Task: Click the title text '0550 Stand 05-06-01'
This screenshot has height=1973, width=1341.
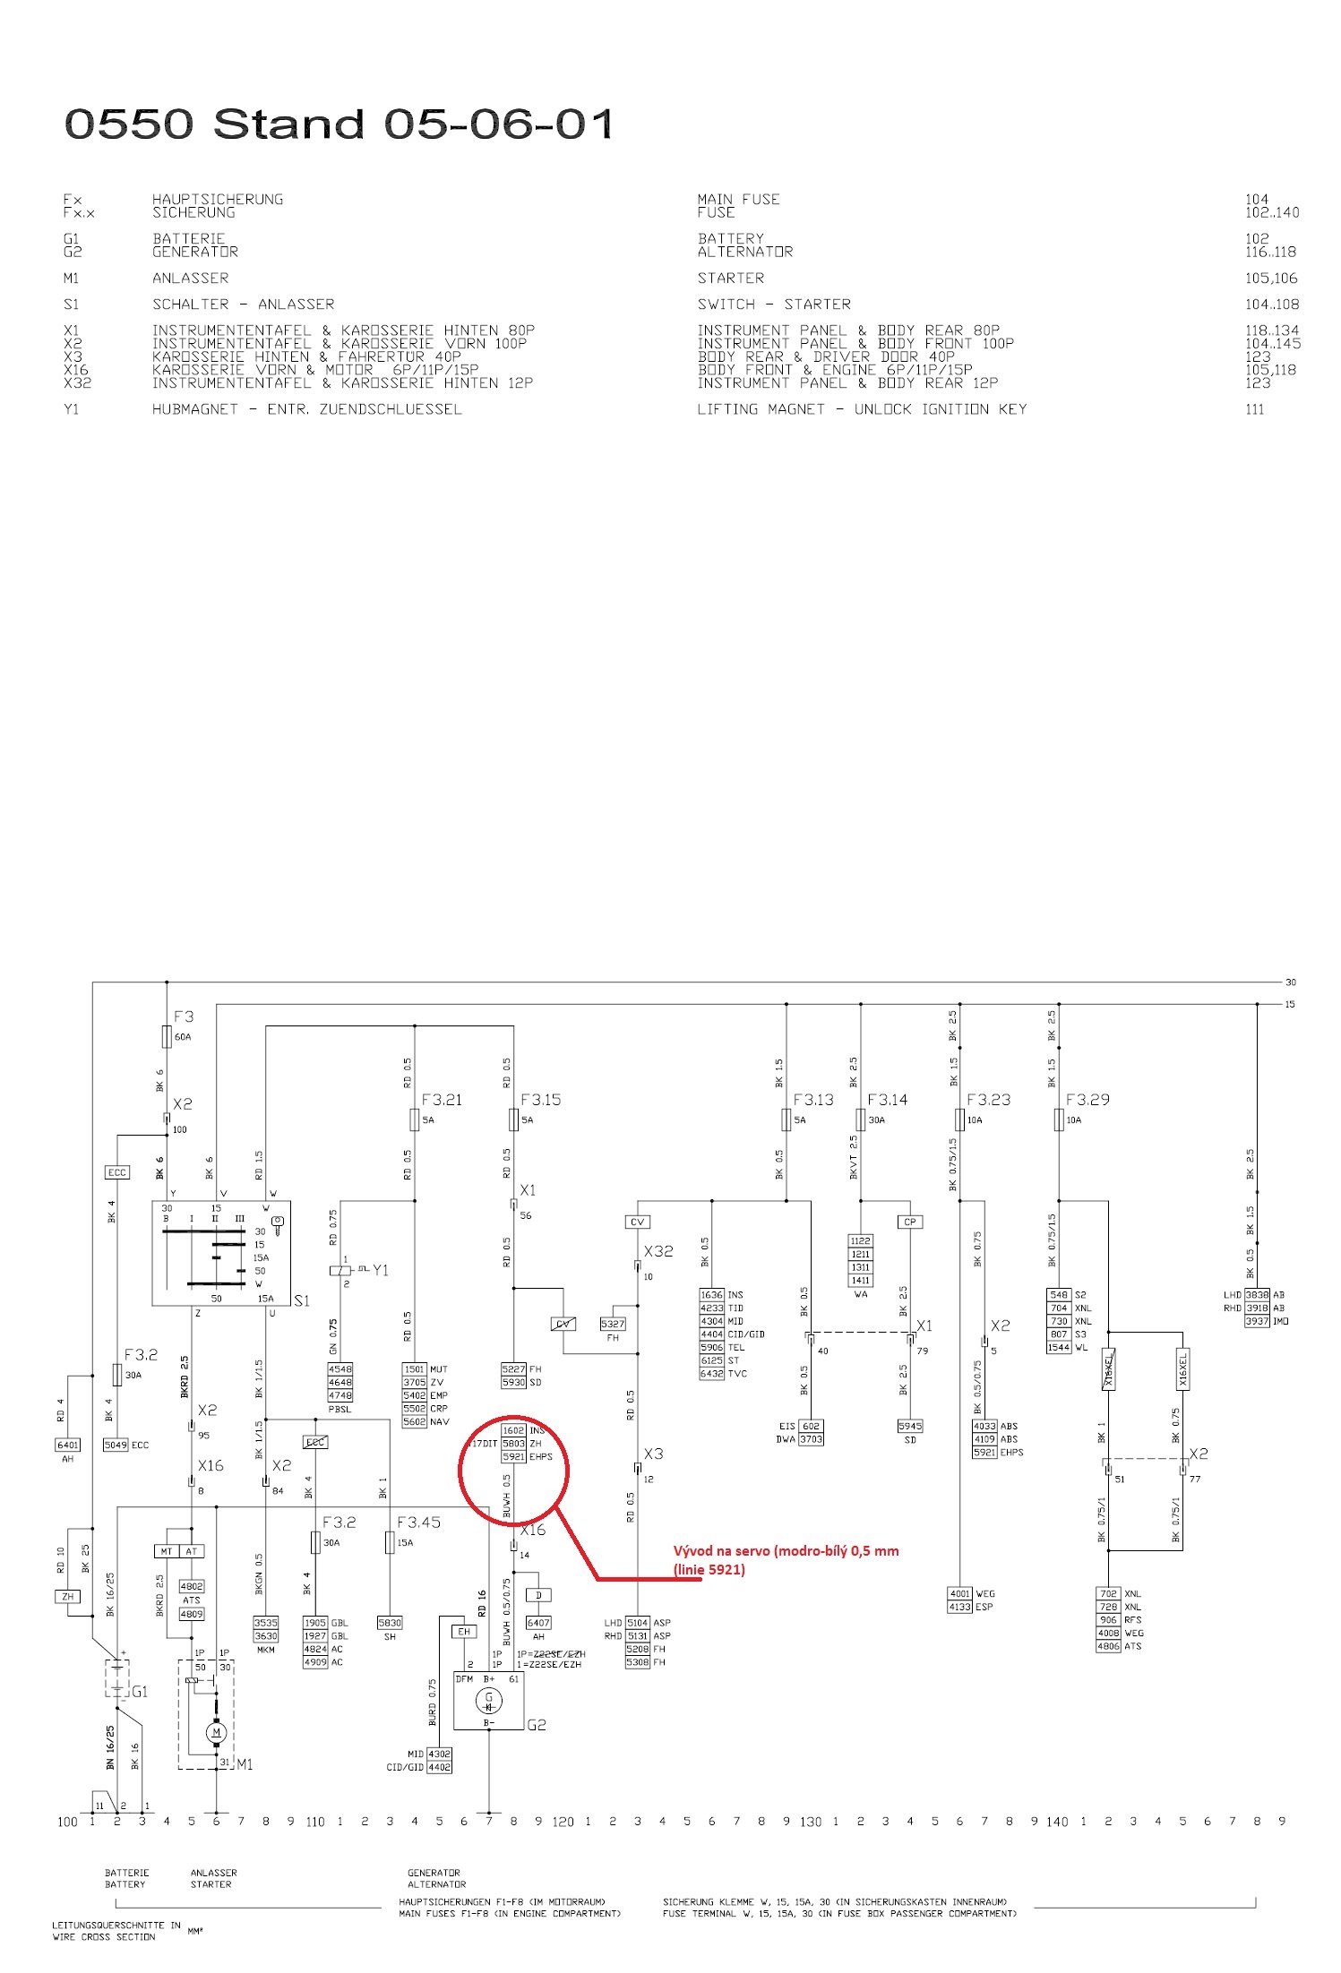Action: (x=339, y=124)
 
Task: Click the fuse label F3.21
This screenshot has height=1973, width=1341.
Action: (x=442, y=1100)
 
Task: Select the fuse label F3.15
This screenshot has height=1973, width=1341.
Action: (x=540, y=1100)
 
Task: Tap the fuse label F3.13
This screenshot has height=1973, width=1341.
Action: (x=812, y=1100)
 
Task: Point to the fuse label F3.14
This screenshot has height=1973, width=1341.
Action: (x=887, y=1100)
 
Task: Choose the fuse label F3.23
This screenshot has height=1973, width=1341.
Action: (x=988, y=1100)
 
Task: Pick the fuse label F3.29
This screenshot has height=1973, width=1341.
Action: (x=1087, y=1100)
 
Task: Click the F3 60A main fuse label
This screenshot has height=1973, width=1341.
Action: (x=183, y=1017)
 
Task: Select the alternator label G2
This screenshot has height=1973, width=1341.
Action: (x=536, y=1724)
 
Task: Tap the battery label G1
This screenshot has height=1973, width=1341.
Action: (x=140, y=1692)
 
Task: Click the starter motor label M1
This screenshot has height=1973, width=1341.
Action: (x=245, y=1763)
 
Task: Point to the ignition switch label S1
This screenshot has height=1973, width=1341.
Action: (x=302, y=1300)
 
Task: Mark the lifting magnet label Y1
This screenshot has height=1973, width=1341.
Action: (x=381, y=1270)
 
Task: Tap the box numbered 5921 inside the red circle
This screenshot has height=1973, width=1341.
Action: (x=513, y=1456)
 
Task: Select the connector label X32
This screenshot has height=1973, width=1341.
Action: (x=658, y=1251)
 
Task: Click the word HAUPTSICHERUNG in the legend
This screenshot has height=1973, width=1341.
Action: (x=218, y=199)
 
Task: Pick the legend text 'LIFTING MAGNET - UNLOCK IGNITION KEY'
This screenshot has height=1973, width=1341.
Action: (x=862, y=409)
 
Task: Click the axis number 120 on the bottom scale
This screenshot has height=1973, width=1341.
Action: (x=563, y=1821)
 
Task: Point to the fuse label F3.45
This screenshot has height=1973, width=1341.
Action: (x=418, y=1522)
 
